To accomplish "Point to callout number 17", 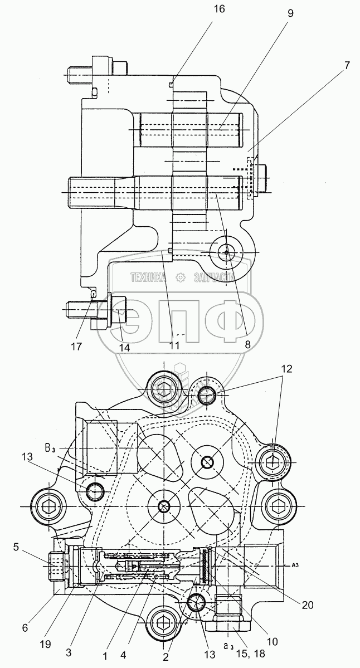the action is coord(76,347).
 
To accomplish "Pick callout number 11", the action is coord(174,345).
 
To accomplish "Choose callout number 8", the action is coord(245,344).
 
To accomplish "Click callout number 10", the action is coord(273,642).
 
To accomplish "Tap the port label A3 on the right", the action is coord(296,565).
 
